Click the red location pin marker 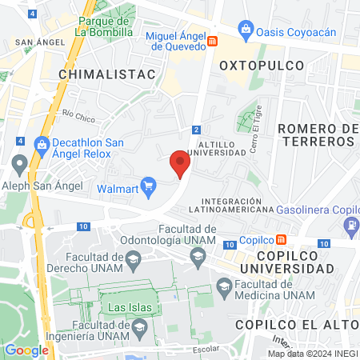click(180, 164)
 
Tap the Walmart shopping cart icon click(149, 189)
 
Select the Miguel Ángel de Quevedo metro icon click(212, 41)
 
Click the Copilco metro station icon click(281, 239)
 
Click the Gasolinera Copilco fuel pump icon click(351, 226)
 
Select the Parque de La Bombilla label click(103, 26)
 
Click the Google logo click(26, 350)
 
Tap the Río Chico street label click(78, 117)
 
